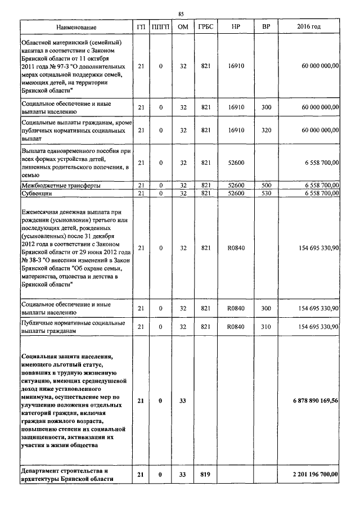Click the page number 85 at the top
pyautogui.click(x=181, y=13)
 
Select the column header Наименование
pyautogui.click(x=76, y=28)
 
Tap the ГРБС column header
pyautogui.click(x=205, y=28)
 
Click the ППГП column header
pyautogui.click(x=161, y=28)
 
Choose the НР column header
pyautogui.click(x=236, y=28)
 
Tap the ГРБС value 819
pyautogui.click(x=205, y=475)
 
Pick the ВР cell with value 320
pyautogui.click(x=266, y=130)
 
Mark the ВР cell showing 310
pyautogui.click(x=266, y=326)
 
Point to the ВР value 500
pyautogui.click(x=266, y=185)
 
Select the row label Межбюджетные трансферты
pyautogui.click(x=61, y=185)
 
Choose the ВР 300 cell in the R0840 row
pyautogui.click(x=266, y=308)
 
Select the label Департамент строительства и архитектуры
pyautogui.click(x=67, y=475)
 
